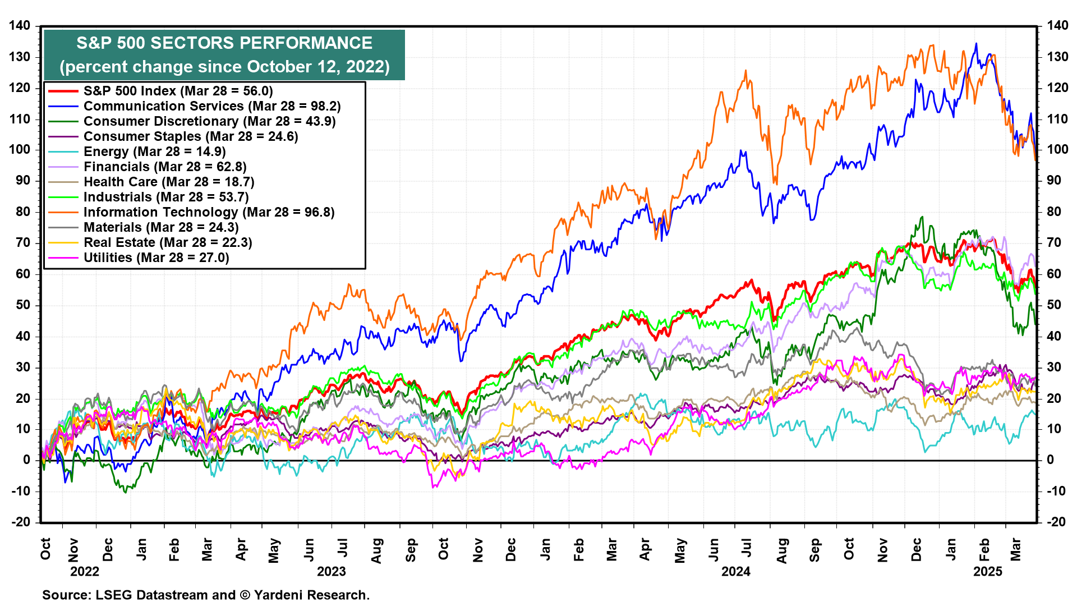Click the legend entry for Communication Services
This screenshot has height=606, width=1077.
tap(211, 106)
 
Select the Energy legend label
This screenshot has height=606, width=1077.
tap(154, 151)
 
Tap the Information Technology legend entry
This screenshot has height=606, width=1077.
tap(209, 212)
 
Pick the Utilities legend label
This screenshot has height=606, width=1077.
tap(156, 258)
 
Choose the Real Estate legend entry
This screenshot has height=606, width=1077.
tap(168, 242)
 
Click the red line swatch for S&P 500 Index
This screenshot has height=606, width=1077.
tap(63, 91)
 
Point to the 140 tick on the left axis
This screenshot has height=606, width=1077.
tap(20, 26)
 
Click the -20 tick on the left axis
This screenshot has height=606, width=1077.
tap(21, 522)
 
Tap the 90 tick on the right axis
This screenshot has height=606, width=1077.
tap(1053, 181)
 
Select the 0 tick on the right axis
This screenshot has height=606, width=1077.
tap(1050, 460)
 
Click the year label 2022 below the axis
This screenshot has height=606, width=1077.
tap(85, 571)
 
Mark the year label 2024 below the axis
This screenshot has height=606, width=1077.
tap(735, 571)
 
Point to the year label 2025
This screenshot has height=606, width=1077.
tap(988, 571)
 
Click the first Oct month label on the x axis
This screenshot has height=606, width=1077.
tap(45, 548)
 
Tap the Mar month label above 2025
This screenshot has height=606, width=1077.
tap(1015, 548)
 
